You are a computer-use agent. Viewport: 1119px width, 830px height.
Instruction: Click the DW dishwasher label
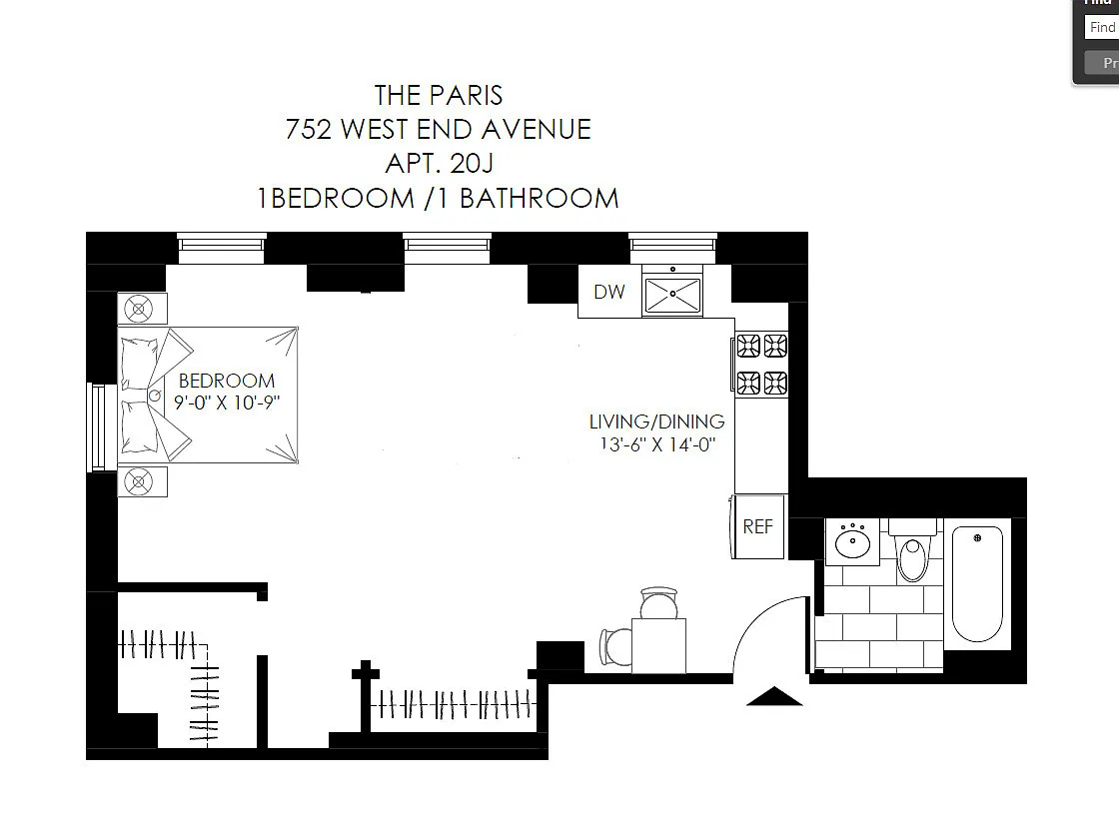click(609, 292)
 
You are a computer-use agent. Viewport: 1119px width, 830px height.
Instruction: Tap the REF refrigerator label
click(758, 526)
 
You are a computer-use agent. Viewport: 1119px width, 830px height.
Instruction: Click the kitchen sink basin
click(672, 294)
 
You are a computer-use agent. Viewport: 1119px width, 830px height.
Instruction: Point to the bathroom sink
click(852, 542)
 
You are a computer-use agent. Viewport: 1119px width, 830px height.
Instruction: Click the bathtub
click(978, 583)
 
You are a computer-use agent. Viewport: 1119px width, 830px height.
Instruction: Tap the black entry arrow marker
click(774, 696)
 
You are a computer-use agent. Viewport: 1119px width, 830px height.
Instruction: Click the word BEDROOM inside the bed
click(226, 382)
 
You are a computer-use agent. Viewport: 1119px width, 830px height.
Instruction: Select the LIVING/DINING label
click(656, 421)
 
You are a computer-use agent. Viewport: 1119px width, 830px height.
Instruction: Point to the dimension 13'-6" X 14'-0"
click(657, 444)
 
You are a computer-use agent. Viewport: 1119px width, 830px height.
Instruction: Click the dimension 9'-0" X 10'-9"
click(226, 403)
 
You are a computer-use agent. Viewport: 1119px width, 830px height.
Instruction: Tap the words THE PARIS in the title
click(439, 95)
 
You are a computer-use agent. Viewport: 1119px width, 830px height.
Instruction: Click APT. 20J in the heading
click(439, 164)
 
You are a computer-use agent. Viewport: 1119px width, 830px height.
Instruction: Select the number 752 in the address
click(309, 129)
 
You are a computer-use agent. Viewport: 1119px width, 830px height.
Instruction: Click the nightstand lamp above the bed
click(139, 309)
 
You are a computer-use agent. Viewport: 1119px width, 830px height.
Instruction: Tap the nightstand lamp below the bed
click(139, 481)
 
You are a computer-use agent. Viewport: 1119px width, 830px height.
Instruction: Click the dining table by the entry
click(658, 646)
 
